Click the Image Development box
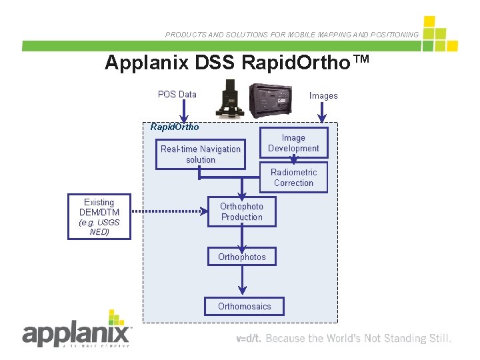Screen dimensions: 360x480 tap(293, 143)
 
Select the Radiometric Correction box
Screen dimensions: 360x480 tap(293, 177)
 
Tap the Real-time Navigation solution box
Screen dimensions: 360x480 tap(201, 155)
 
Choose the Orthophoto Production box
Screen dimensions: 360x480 tap(242, 211)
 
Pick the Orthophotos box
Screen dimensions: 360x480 tap(242, 257)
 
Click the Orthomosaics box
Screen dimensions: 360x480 tap(245, 306)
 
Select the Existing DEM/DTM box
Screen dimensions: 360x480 tap(99, 217)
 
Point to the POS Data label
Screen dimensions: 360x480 tap(177, 95)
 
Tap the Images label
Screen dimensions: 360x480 tap(323, 96)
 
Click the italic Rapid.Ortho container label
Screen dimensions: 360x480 tap(175, 127)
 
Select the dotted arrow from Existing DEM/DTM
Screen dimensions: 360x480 tap(169, 212)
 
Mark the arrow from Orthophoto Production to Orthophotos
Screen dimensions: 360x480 tap(242, 237)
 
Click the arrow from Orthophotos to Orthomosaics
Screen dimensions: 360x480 tap(242, 281)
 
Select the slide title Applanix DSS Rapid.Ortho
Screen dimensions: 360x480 tap(237, 63)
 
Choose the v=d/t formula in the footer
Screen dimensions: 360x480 tap(249, 339)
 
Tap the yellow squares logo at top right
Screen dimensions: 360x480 tap(439, 35)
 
